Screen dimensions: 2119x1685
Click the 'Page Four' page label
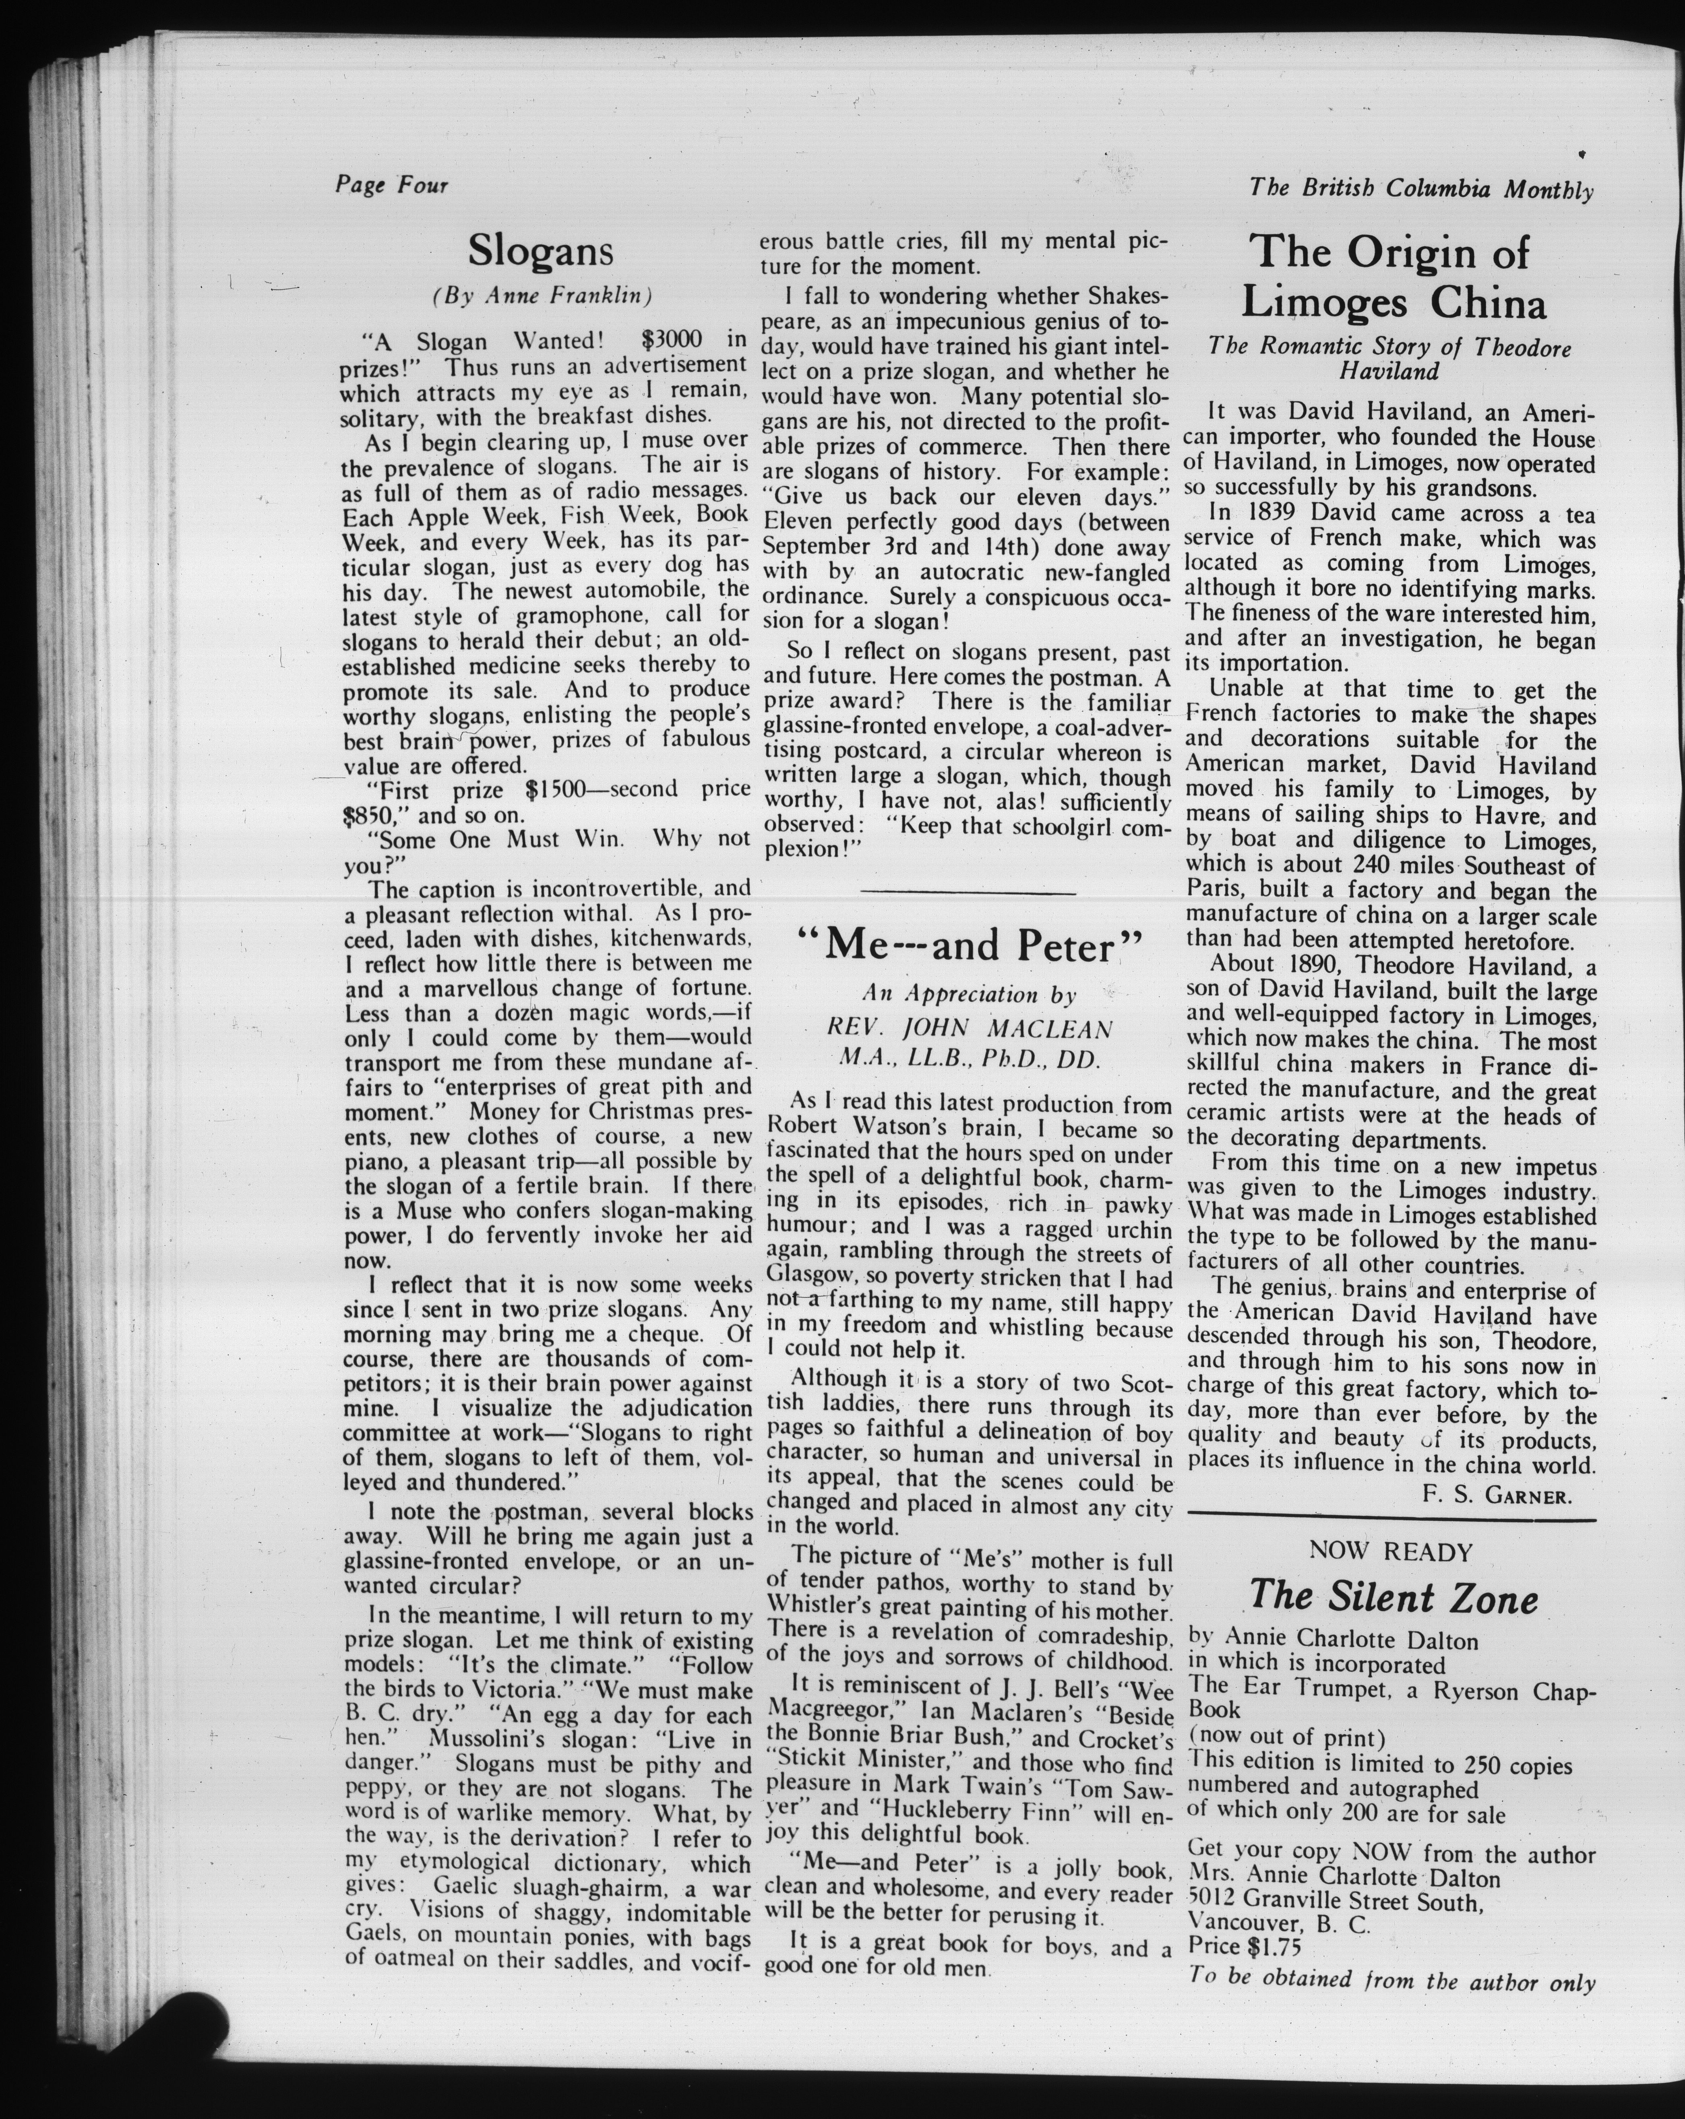click(x=391, y=185)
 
